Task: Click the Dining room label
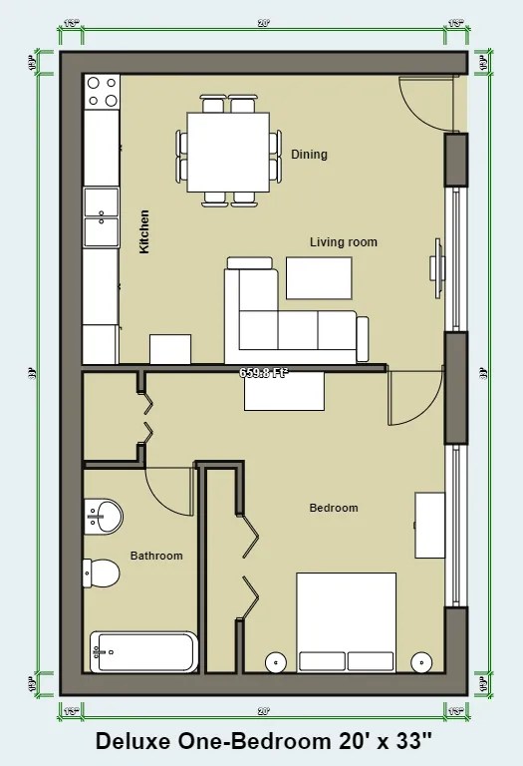pyautogui.click(x=309, y=155)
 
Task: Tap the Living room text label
pyautogui.click(x=343, y=242)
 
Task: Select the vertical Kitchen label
pyautogui.click(x=144, y=230)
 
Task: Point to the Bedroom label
pyautogui.click(x=333, y=508)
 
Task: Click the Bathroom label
pyautogui.click(x=156, y=556)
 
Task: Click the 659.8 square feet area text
pyautogui.click(x=264, y=373)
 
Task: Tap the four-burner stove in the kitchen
pyautogui.click(x=101, y=92)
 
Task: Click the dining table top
pyautogui.click(x=228, y=151)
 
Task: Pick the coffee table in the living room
pyautogui.click(x=319, y=277)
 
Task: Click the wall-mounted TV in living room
pyautogui.click(x=436, y=266)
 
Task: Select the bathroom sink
pyautogui.click(x=103, y=516)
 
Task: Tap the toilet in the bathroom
pyautogui.click(x=101, y=573)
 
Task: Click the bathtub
pyautogui.click(x=143, y=652)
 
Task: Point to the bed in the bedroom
pyautogui.click(x=346, y=622)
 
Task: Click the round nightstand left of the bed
pyautogui.click(x=275, y=661)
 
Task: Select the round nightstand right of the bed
pyautogui.click(x=422, y=661)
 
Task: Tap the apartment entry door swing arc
pyautogui.click(x=423, y=105)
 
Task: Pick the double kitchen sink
pyautogui.click(x=101, y=217)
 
